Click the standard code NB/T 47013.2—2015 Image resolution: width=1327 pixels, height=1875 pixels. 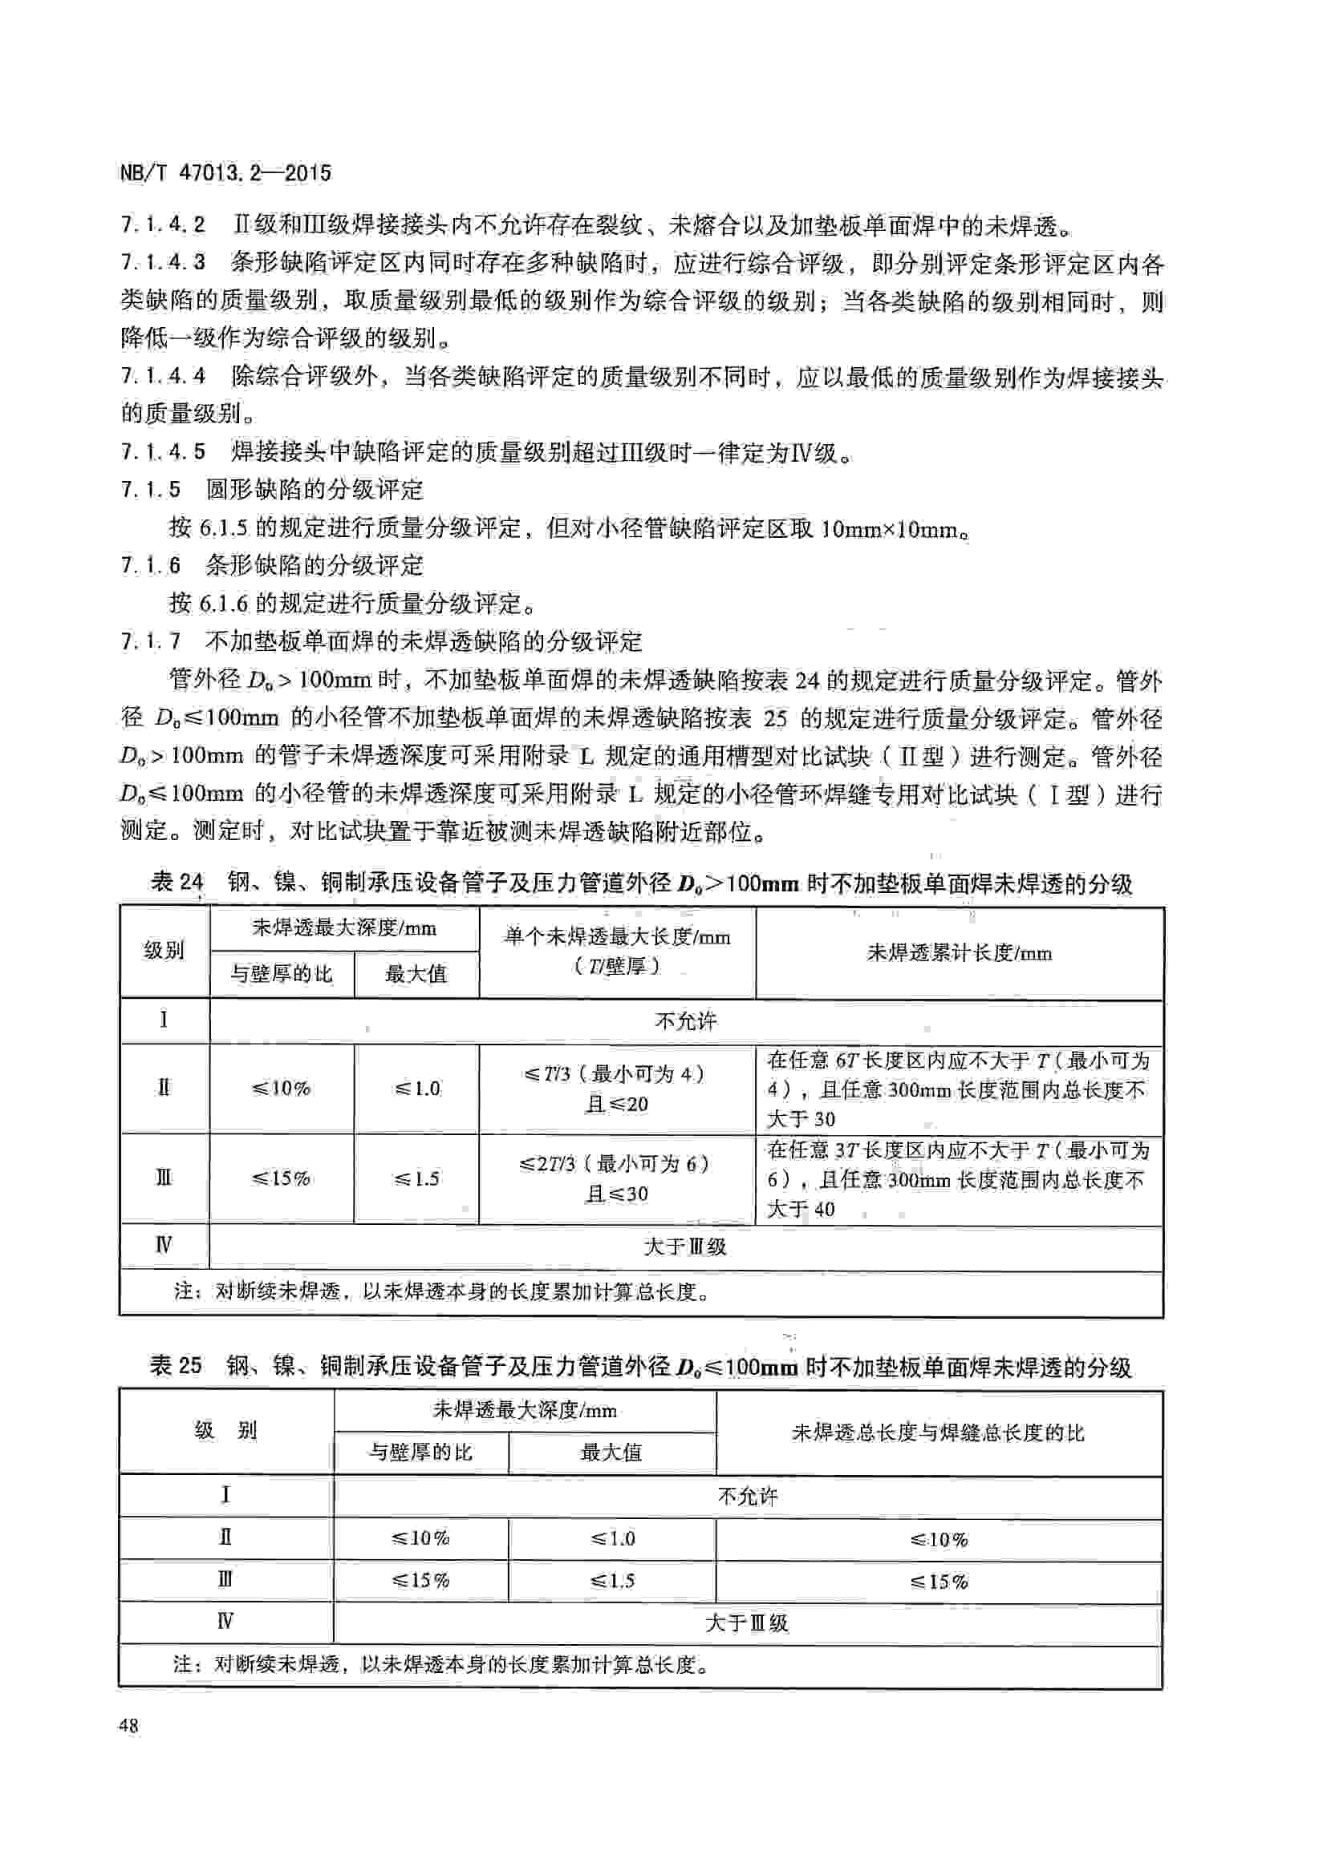point(225,173)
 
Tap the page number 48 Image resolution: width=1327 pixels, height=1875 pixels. point(129,1726)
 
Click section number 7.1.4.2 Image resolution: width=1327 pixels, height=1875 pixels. point(163,224)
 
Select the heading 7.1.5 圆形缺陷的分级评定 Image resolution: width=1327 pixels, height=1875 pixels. point(272,490)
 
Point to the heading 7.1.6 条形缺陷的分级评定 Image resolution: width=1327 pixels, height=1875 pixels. point(272,565)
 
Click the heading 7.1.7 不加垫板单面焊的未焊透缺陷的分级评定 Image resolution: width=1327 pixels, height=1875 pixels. point(381,641)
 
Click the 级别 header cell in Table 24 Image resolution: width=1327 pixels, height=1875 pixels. point(164,951)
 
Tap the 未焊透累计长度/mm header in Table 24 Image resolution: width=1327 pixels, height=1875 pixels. point(960,952)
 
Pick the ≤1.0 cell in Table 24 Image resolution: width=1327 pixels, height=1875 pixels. point(416,1089)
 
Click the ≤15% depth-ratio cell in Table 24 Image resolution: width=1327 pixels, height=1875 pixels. point(281,1178)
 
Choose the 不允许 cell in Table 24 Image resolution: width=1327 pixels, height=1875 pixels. point(685,1020)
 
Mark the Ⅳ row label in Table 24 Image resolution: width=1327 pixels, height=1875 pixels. point(164,1246)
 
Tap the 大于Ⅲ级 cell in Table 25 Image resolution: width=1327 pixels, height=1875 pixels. point(747,1622)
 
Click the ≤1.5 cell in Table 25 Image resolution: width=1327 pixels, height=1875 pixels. point(612,1581)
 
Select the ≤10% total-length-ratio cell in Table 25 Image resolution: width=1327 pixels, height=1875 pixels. point(939,1539)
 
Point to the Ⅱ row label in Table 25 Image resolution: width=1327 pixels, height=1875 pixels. point(225,1538)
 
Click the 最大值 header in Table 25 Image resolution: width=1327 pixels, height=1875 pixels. point(611,1453)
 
